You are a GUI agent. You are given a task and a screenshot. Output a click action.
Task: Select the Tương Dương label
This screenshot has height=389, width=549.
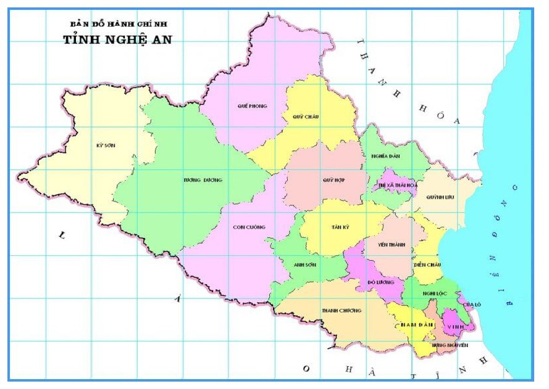point(202,180)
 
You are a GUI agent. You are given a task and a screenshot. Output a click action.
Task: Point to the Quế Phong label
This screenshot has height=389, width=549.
point(252,106)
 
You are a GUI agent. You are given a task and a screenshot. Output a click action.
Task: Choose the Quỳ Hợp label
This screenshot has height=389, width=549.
point(333,180)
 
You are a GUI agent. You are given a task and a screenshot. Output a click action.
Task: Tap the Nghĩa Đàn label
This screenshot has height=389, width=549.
point(385,156)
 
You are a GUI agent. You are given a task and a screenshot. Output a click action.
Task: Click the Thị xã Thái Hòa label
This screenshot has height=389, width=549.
point(394,184)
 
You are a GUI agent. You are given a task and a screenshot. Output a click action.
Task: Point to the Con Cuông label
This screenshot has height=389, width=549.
point(249,227)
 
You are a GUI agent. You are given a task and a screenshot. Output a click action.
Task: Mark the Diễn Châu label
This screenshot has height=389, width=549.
point(427,264)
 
